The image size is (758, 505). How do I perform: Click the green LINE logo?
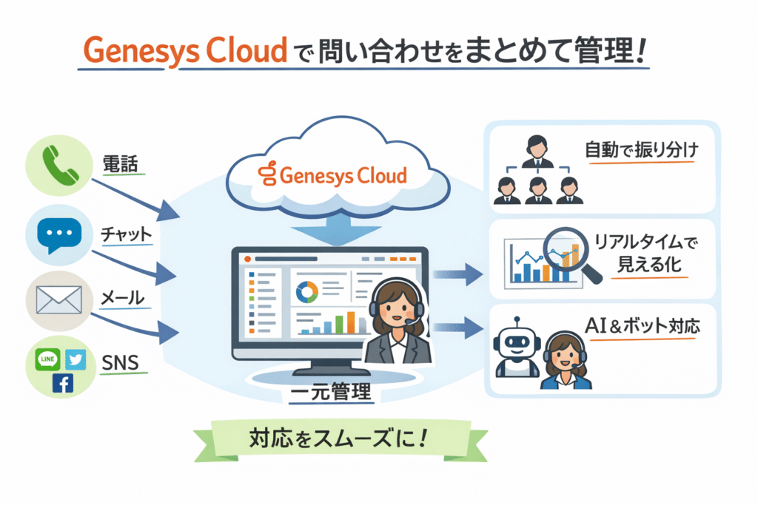(47, 360)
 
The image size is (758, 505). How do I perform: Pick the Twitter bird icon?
(76, 359)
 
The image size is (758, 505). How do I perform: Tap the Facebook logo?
(61, 384)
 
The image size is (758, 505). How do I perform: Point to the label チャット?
(126, 234)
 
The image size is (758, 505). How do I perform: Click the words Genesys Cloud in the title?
(184, 50)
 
